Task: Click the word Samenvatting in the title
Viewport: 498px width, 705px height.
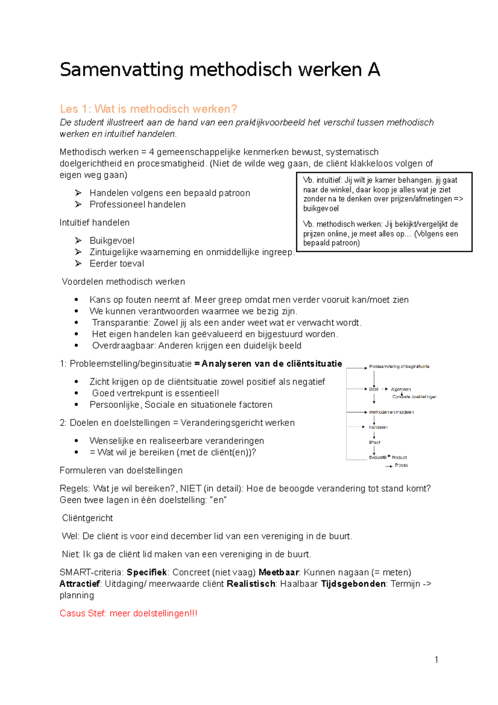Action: [121, 70]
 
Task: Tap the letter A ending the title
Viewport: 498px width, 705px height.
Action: [373, 69]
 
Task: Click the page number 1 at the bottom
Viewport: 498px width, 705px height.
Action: [436, 660]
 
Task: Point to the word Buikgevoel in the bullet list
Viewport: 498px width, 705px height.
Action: [112, 241]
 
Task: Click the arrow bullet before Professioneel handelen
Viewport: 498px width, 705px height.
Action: [78, 204]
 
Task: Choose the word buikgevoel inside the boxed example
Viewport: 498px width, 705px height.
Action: [320, 209]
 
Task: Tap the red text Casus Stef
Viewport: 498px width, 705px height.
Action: [83, 614]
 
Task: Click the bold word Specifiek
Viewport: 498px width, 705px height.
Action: [146, 573]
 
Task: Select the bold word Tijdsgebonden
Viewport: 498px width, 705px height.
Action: [353, 584]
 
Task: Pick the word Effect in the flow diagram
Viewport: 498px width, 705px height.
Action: [375, 443]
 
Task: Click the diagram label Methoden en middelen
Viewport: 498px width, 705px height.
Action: [391, 412]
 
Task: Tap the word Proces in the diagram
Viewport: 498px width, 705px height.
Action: [401, 465]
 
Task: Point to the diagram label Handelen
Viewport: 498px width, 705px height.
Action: [378, 427]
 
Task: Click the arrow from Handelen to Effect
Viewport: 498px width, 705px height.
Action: [374, 435]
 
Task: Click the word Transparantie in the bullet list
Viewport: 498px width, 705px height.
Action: [121, 323]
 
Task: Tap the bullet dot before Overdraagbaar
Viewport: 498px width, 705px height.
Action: [76, 345]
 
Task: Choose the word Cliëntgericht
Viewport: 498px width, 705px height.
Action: [87, 518]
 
